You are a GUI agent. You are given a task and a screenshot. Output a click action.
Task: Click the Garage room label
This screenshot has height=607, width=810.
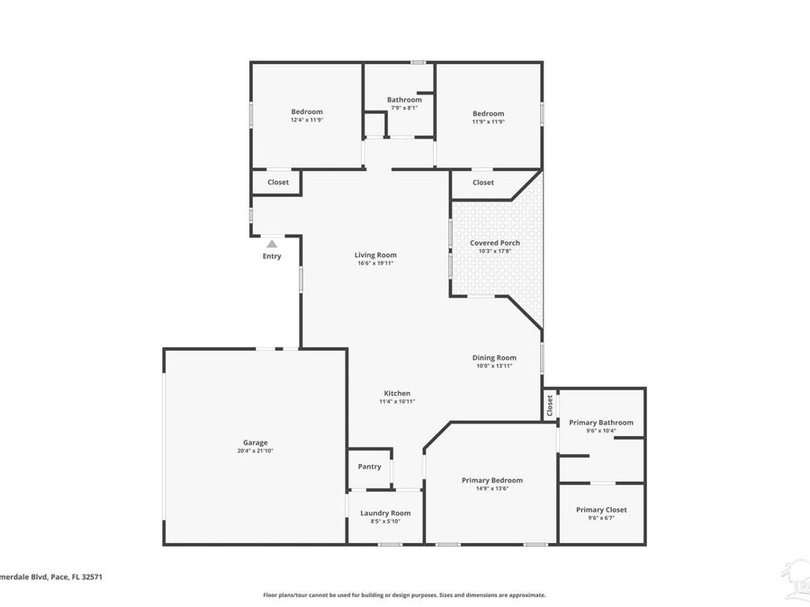click(x=255, y=442)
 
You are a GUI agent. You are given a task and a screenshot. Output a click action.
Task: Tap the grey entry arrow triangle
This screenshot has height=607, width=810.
click(x=272, y=243)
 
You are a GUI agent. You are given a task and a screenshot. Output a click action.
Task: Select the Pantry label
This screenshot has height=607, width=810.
click(x=369, y=467)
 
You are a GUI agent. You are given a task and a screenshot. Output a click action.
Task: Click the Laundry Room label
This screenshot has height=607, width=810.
click(x=385, y=513)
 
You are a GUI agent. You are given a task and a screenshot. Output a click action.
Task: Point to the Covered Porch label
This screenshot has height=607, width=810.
click(x=494, y=243)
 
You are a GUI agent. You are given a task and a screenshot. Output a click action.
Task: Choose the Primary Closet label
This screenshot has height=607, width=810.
click(x=601, y=510)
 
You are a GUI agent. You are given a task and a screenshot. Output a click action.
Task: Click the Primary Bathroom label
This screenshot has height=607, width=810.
click(x=601, y=423)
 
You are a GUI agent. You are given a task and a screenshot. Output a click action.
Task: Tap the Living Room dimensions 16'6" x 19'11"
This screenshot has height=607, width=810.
click(x=375, y=263)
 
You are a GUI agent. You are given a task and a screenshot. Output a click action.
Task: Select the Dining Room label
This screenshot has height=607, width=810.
click(x=494, y=357)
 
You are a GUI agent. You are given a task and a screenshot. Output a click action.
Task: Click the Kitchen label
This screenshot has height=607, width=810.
click(x=397, y=393)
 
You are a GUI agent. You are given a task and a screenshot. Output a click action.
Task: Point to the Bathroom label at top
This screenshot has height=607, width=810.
click(x=404, y=100)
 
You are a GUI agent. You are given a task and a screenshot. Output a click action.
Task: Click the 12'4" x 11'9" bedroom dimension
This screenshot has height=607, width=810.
click(x=306, y=120)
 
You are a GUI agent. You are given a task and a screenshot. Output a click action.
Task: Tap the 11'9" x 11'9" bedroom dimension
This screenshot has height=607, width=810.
click(x=489, y=121)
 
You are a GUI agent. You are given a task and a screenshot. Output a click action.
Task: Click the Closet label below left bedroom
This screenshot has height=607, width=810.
click(x=278, y=183)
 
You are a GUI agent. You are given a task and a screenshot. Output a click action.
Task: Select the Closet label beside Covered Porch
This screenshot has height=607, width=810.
click(x=483, y=183)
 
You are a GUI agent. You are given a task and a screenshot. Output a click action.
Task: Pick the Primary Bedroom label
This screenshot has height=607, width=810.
click(x=491, y=480)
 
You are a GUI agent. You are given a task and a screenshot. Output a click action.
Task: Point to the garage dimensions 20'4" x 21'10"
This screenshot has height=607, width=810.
click(x=255, y=451)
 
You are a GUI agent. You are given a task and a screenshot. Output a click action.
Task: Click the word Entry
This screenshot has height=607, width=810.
click(x=272, y=256)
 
